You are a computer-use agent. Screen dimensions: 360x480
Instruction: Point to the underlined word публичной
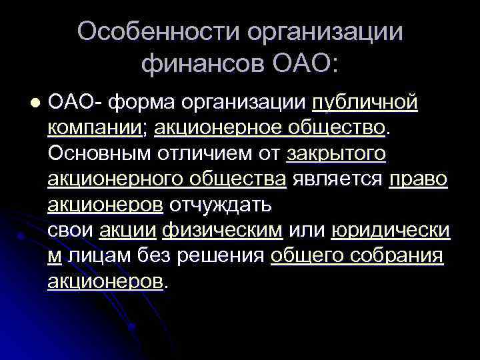(x=365, y=103)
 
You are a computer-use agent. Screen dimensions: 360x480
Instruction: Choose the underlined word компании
(x=98, y=129)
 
